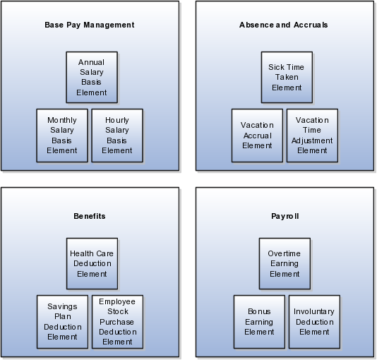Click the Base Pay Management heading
pyautogui.click(x=90, y=25)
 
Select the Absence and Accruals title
pyautogui.click(x=284, y=25)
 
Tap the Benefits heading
pyautogui.click(x=90, y=216)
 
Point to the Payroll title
pyautogui.click(x=285, y=216)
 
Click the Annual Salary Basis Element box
pyautogui.click(x=92, y=78)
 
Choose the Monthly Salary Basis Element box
pyautogui.click(x=62, y=136)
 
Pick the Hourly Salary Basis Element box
pyautogui.click(x=117, y=136)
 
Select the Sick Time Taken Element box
pyautogui.click(x=287, y=78)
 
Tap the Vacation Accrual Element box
pyautogui.click(x=257, y=136)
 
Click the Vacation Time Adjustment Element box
pyautogui.click(x=312, y=136)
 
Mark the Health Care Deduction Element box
pyautogui.click(x=92, y=263)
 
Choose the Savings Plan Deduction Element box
pyautogui.click(x=63, y=322)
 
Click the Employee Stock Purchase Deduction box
pyautogui.click(x=118, y=322)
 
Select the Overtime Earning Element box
pyautogui.click(x=285, y=263)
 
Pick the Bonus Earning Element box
pyautogui.click(x=259, y=322)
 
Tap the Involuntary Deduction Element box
pyautogui.click(x=314, y=322)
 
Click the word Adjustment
pyautogui.click(x=312, y=140)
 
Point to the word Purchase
pyautogui.click(x=117, y=322)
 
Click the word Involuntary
pyautogui.click(x=314, y=312)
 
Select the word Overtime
pyautogui.click(x=285, y=253)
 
